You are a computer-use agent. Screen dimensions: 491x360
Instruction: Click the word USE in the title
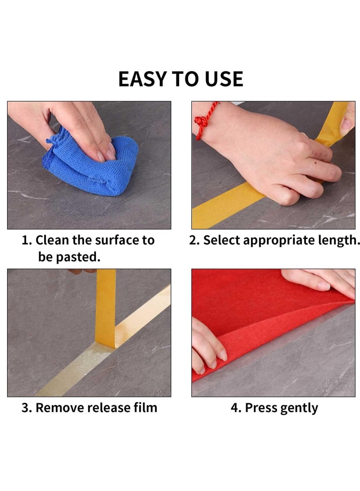pyautogui.click(x=223, y=79)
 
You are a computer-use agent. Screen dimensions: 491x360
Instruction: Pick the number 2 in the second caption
pyautogui.click(x=193, y=240)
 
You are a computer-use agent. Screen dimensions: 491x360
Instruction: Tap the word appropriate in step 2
pyautogui.click(x=281, y=240)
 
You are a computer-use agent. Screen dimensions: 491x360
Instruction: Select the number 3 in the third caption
pyautogui.click(x=26, y=408)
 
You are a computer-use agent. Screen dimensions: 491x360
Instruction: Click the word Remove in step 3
pyautogui.click(x=60, y=408)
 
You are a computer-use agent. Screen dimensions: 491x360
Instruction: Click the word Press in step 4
pyautogui.click(x=261, y=408)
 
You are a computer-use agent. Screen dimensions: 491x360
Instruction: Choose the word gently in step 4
pyautogui.click(x=299, y=408)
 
